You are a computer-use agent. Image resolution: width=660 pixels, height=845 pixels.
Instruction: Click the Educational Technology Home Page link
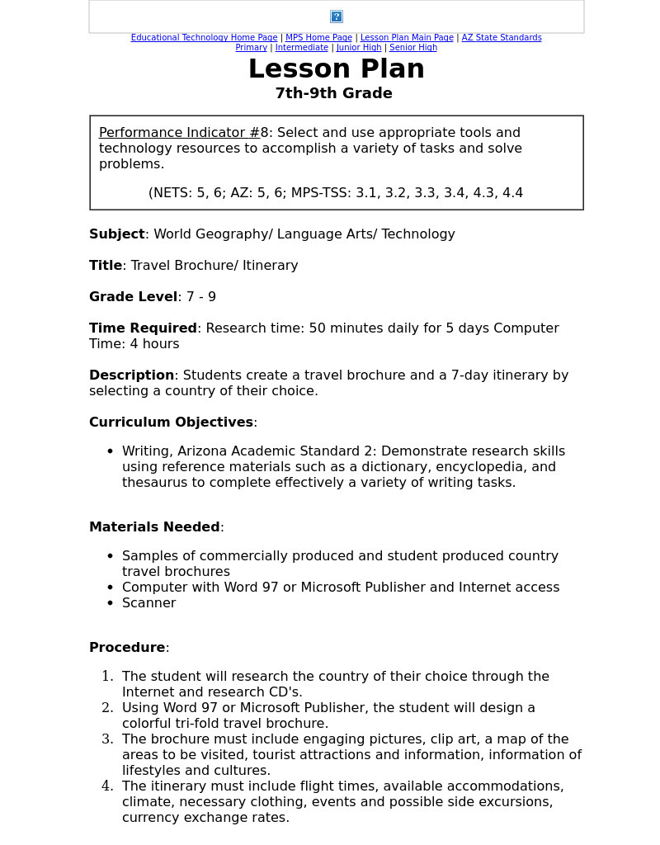(204, 38)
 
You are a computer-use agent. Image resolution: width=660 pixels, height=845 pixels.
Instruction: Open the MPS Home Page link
(318, 38)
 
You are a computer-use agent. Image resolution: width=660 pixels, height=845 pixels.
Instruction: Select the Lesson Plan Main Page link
(407, 38)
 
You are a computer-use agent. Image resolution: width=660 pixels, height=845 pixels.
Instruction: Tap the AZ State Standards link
(502, 38)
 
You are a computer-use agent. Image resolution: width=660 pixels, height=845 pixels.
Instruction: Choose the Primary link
(251, 48)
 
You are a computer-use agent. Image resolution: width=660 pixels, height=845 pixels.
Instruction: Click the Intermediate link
(301, 48)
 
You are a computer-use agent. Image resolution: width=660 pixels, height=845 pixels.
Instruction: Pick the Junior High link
(359, 48)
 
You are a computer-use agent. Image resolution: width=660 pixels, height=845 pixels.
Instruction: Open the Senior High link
(413, 48)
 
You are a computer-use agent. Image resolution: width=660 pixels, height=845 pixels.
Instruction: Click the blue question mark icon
(337, 17)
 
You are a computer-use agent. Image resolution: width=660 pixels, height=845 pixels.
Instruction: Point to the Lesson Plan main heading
(336, 69)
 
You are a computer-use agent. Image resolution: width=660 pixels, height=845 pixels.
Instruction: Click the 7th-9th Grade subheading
(333, 93)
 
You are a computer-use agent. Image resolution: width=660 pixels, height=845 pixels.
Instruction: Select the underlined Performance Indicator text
(179, 133)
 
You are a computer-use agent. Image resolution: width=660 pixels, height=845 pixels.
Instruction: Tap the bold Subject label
(116, 234)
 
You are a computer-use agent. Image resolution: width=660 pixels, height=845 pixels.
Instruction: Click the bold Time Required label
(143, 328)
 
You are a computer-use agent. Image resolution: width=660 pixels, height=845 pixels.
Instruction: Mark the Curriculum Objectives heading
(171, 422)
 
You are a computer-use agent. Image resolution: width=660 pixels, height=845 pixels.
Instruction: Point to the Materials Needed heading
(154, 527)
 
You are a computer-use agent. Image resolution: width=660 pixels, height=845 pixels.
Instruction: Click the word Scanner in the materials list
(148, 603)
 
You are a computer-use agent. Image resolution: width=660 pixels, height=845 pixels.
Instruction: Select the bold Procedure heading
(127, 648)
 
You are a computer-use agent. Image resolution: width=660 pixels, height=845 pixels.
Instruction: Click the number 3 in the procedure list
(107, 739)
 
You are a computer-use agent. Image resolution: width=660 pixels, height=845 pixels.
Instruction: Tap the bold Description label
(131, 375)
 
